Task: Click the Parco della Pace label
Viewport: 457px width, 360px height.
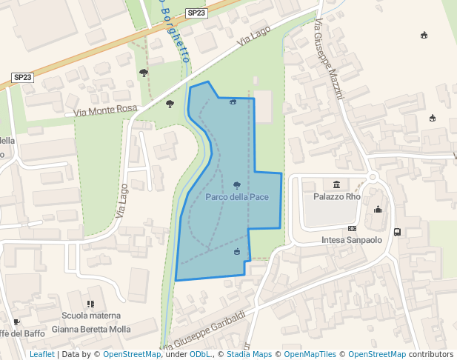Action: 237,197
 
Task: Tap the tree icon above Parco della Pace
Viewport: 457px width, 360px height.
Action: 237,184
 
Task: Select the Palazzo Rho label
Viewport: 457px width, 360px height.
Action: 337,197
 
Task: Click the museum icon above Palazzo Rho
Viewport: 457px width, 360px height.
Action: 337,184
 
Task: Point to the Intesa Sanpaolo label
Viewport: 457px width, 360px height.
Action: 352,240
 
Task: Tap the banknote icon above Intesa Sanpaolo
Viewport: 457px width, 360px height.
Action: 352,229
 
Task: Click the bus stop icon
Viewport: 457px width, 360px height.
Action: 398,232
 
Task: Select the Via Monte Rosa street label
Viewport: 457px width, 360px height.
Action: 106,110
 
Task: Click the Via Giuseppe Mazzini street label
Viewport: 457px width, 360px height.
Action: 330,59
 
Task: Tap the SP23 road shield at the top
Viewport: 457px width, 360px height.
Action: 196,13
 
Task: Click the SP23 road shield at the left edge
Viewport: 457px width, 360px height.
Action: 23,77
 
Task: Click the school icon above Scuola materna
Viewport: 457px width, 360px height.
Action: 90,304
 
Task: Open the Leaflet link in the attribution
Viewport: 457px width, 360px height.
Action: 42,354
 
